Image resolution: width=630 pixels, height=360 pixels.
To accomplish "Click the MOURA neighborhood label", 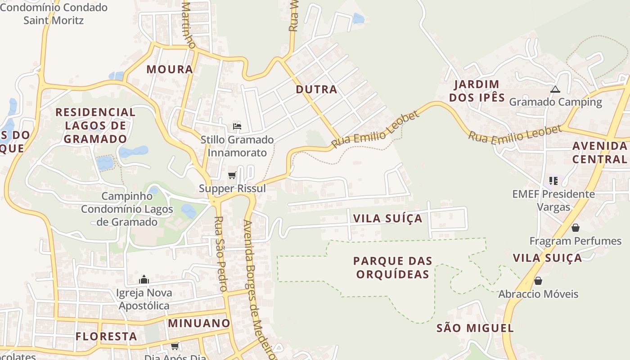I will click(170, 69).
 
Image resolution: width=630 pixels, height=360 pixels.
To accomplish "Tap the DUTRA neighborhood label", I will click(316, 89).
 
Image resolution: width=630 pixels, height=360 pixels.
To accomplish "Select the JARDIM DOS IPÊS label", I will click(477, 91).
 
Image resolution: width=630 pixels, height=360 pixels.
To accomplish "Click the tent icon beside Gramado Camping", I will click(555, 90).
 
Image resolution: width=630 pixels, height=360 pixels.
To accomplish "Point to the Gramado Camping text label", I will click(555, 102).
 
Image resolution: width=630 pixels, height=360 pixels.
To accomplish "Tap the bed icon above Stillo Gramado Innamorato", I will click(237, 126).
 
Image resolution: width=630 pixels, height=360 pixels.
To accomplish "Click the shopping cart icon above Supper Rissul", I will click(232, 175).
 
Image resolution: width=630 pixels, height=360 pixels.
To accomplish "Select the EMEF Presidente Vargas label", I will click(553, 201).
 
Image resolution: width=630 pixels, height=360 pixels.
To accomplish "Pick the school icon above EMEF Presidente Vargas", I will click(553, 181).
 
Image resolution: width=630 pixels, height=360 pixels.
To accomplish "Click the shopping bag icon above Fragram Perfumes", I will click(575, 228).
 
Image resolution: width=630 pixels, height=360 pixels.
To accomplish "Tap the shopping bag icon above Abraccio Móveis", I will click(538, 281).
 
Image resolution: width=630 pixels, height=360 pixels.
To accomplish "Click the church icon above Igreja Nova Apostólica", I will click(144, 279).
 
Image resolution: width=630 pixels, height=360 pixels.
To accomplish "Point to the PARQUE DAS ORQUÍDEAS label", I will click(392, 267).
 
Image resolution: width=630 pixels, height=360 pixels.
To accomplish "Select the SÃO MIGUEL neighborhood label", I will click(475, 328).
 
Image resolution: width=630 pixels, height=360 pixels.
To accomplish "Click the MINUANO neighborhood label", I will click(199, 323).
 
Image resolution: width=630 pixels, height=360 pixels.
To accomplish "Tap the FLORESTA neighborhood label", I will click(106, 336).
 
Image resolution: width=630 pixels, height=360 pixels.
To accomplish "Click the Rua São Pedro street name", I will click(220, 254).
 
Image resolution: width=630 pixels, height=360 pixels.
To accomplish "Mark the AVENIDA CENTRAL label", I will click(599, 152).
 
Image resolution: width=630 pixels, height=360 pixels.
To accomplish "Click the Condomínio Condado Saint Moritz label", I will click(54, 14).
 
